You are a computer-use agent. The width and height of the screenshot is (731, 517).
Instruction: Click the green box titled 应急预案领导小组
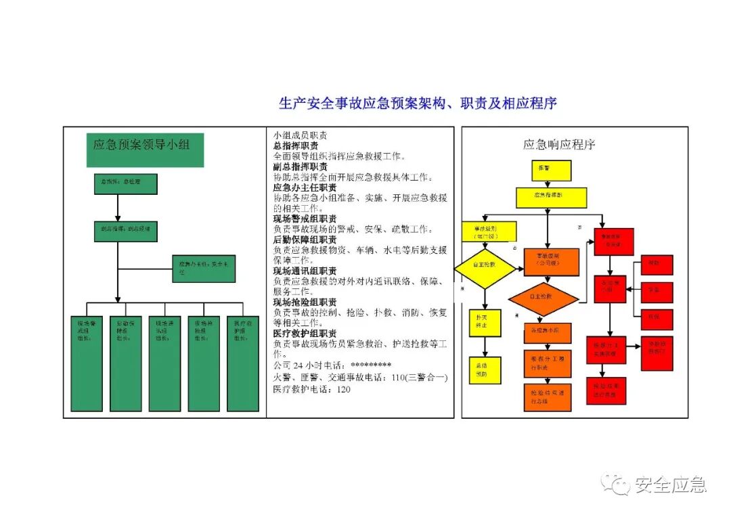pyautogui.click(x=145, y=150)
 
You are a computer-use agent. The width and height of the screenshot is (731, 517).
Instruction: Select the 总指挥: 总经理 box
pyautogui.click(x=125, y=184)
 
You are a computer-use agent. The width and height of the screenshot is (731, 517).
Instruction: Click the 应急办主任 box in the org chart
pyautogui.click(x=204, y=269)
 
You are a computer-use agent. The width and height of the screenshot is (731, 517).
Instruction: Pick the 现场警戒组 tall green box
pyautogui.click(x=87, y=363)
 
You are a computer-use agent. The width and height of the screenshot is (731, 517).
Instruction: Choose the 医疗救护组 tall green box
pyautogui.click(x=242, y=363)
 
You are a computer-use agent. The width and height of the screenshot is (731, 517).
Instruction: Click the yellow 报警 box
pyautogui.click(x=551, y=170)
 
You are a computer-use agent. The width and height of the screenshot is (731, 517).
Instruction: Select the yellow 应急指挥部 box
pyautogui.click(x=551, y=197)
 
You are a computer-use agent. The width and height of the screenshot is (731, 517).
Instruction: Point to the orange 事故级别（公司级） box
pyautogui.click(x=551, y=262)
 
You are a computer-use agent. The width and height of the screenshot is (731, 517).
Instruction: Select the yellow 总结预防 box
pyautogui.click(x=485, y=370)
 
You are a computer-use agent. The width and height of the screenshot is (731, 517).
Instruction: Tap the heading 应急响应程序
pyautogui.click(x=559, y=144)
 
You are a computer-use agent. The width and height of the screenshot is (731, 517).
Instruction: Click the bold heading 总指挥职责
pyautogui.click(x=296, y=146)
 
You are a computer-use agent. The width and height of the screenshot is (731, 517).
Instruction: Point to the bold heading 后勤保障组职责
pyautogui.click(x=305, y=240)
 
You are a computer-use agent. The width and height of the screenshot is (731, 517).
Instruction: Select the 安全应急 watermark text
pyautogui.click(x=670, y=485)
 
